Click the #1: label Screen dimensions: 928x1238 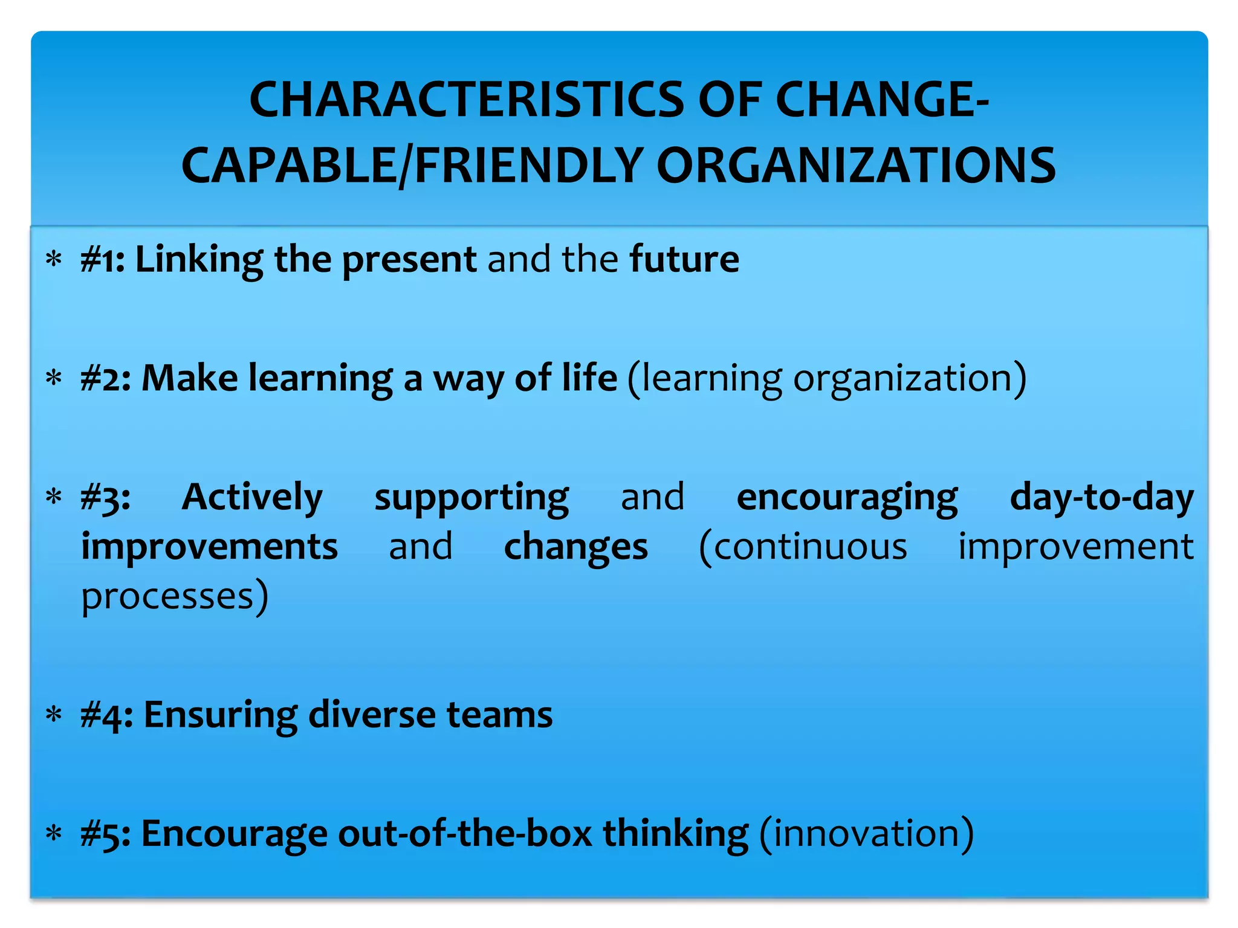pyautogui.click(x=103, y=260)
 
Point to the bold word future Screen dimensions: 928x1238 pyautogui.click(x=684, y=260)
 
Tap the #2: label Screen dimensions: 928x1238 pyautogui.click(x=106, y=379)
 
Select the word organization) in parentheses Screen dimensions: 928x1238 pyautogui.click(x=910, y=379)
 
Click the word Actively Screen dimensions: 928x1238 pyautogui.click(x=252, y=498)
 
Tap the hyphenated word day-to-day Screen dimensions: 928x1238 pyautogui.click(x=1101, y=498)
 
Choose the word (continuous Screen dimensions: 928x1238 pyautogui.click(x=803, y=547)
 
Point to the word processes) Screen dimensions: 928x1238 pyautogui.click(x=175, y=597)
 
